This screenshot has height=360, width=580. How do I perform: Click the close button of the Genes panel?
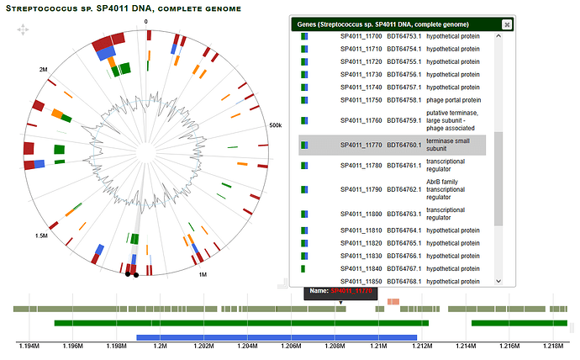[x=507, y=25]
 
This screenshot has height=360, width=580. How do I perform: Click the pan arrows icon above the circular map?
[x=24, y=30]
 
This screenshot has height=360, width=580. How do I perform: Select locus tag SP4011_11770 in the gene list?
[x=361, y=145]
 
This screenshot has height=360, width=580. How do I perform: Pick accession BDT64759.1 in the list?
[x=404, y=119]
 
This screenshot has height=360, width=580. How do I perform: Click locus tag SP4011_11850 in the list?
[x=361, y=281]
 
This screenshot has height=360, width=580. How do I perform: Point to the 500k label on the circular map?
[x=274, y=125]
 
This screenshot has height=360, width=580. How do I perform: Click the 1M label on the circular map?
[x=202, y=275]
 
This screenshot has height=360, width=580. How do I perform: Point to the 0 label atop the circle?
[x=145, y=21]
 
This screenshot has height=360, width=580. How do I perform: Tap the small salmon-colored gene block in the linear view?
[x=393, y=301]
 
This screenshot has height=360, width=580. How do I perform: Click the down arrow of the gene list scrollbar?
[x=498, y=281]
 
